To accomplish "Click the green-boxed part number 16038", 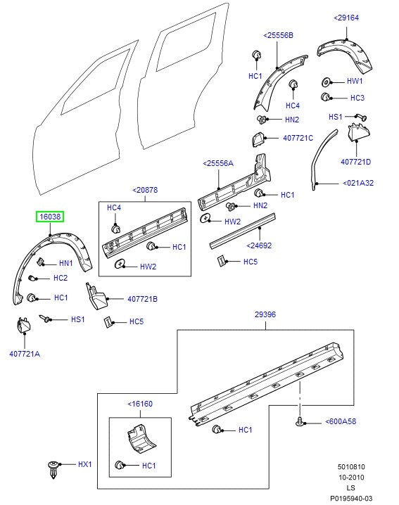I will click(x=51, y=218).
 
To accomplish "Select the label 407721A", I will click(x=25, y=354).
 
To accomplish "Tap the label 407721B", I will click(x=142, y=299).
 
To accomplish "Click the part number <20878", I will click(x=144, y=190).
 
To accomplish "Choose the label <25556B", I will click(x=279, y=35).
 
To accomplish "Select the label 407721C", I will click(x=298, y=138).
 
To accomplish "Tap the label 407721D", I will click(x=355, y=162).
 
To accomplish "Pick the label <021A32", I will click(x=358, y=183).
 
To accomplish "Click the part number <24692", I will click(x=260, y=245).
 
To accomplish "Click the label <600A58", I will click(x=341, y=422).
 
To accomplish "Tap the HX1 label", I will click(x=84, y=465).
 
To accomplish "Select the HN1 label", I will click(x=65, y=263).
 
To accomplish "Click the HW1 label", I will click(x=355, y=81).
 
